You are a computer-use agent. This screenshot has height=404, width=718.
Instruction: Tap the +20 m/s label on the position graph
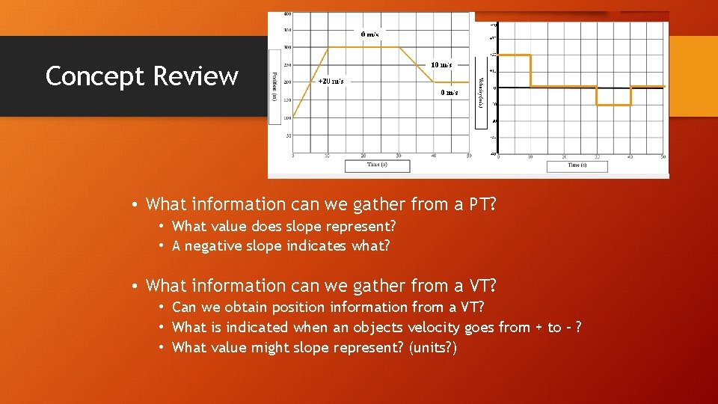click(x=331, y=81)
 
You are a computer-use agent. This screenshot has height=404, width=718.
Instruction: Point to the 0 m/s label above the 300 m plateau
click(x=369, y=34)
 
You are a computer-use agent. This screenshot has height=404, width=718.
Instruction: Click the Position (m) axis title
click(x=274, y=87)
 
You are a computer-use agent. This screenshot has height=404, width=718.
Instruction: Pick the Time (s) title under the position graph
click(x=377, y=165)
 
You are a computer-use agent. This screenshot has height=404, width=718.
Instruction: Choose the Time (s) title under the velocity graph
click(x=577, y=165)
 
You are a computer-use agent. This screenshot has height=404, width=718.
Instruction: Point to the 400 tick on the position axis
click(x=287, y=14)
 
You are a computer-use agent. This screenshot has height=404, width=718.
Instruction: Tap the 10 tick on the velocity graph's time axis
click(x=530, y=156)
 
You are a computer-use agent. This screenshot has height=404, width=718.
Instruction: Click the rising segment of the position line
click(x=310, y=82)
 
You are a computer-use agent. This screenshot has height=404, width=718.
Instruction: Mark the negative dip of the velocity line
click(x=613, y=105)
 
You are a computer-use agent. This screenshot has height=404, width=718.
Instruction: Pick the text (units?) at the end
click(x=431, y=348)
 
